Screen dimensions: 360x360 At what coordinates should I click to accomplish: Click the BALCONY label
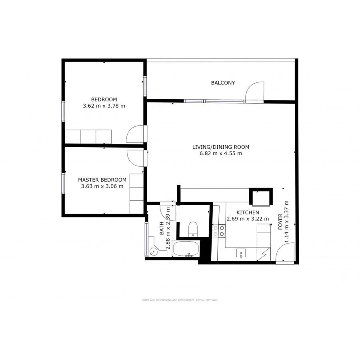(x=223, y=83)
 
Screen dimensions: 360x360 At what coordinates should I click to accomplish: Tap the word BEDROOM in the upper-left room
(x=104, y=100)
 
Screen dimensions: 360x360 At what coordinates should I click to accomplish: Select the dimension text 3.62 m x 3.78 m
(x=104, y=106)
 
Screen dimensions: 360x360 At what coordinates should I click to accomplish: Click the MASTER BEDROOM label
(x=102, y=180)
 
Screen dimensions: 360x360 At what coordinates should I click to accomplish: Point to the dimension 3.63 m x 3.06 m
(x=102, y=186)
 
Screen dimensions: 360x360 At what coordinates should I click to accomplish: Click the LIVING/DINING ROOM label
(x=218, y=147)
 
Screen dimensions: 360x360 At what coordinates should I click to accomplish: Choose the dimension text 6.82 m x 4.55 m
(x=218, y=153)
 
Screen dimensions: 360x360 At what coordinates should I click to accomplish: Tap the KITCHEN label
(x=248, y=213)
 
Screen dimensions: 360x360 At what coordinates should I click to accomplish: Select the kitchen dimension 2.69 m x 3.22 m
(x=248, y=219)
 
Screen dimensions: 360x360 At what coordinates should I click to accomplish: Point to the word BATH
(x=162, y=229)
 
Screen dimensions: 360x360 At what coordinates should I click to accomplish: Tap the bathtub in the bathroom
(x=186, y=249)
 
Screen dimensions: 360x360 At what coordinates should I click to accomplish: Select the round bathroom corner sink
(x=153, y=252)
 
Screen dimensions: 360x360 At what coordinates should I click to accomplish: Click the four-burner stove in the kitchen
(x=219, y=231)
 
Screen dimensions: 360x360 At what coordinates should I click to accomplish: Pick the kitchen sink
(x=241, y=254)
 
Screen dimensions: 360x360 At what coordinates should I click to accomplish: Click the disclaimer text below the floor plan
(x=180, y=300)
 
